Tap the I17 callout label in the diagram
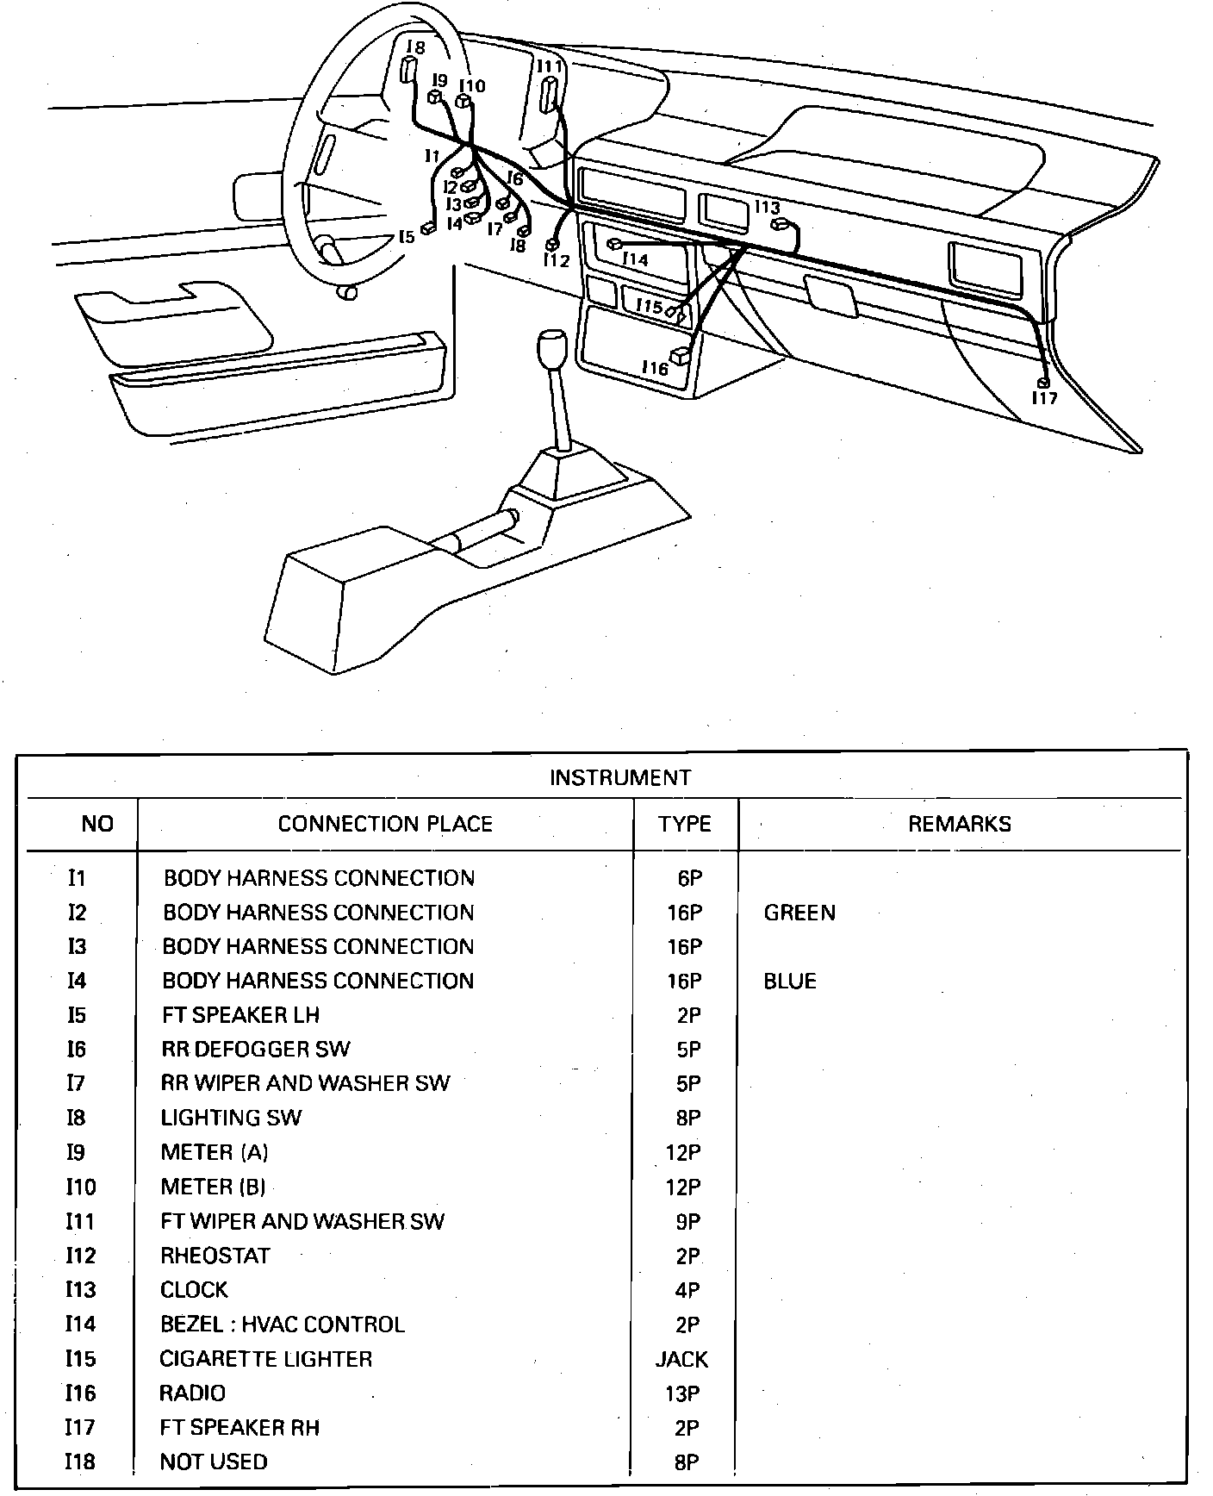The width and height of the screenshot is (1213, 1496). click(x=1045, y=398)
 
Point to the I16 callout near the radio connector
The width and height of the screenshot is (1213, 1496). click(x=655, y=369)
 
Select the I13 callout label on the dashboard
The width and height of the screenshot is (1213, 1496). click(x=767, y=207)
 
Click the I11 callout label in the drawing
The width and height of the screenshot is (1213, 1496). click(x=550, y=66)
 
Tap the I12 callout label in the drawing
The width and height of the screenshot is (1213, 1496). click(x=557, y=260)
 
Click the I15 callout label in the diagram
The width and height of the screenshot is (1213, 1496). click(x=650, y=306)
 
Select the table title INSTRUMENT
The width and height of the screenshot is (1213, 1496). click(x=620, y=778)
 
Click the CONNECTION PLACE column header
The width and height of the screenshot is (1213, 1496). click(x=385, y=824)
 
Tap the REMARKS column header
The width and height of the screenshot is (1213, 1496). click(x=960, y=824)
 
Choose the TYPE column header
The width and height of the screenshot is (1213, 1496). click(x=685, y=824)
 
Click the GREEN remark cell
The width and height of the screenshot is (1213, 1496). click(x=799, y=913)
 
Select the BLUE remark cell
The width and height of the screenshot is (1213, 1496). click(x=790, y=982)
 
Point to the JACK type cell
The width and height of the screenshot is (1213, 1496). click(x=681, y=1359)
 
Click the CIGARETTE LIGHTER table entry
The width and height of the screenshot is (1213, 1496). click(x=266, y=1359)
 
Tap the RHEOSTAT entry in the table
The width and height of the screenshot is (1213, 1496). click(x=215, y=1256)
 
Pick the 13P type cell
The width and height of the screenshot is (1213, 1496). click(x=683, y=1393)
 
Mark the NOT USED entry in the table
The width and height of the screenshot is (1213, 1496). click(x=214, y=1462)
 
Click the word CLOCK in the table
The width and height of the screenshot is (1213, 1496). click(x=195, y=1290)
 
